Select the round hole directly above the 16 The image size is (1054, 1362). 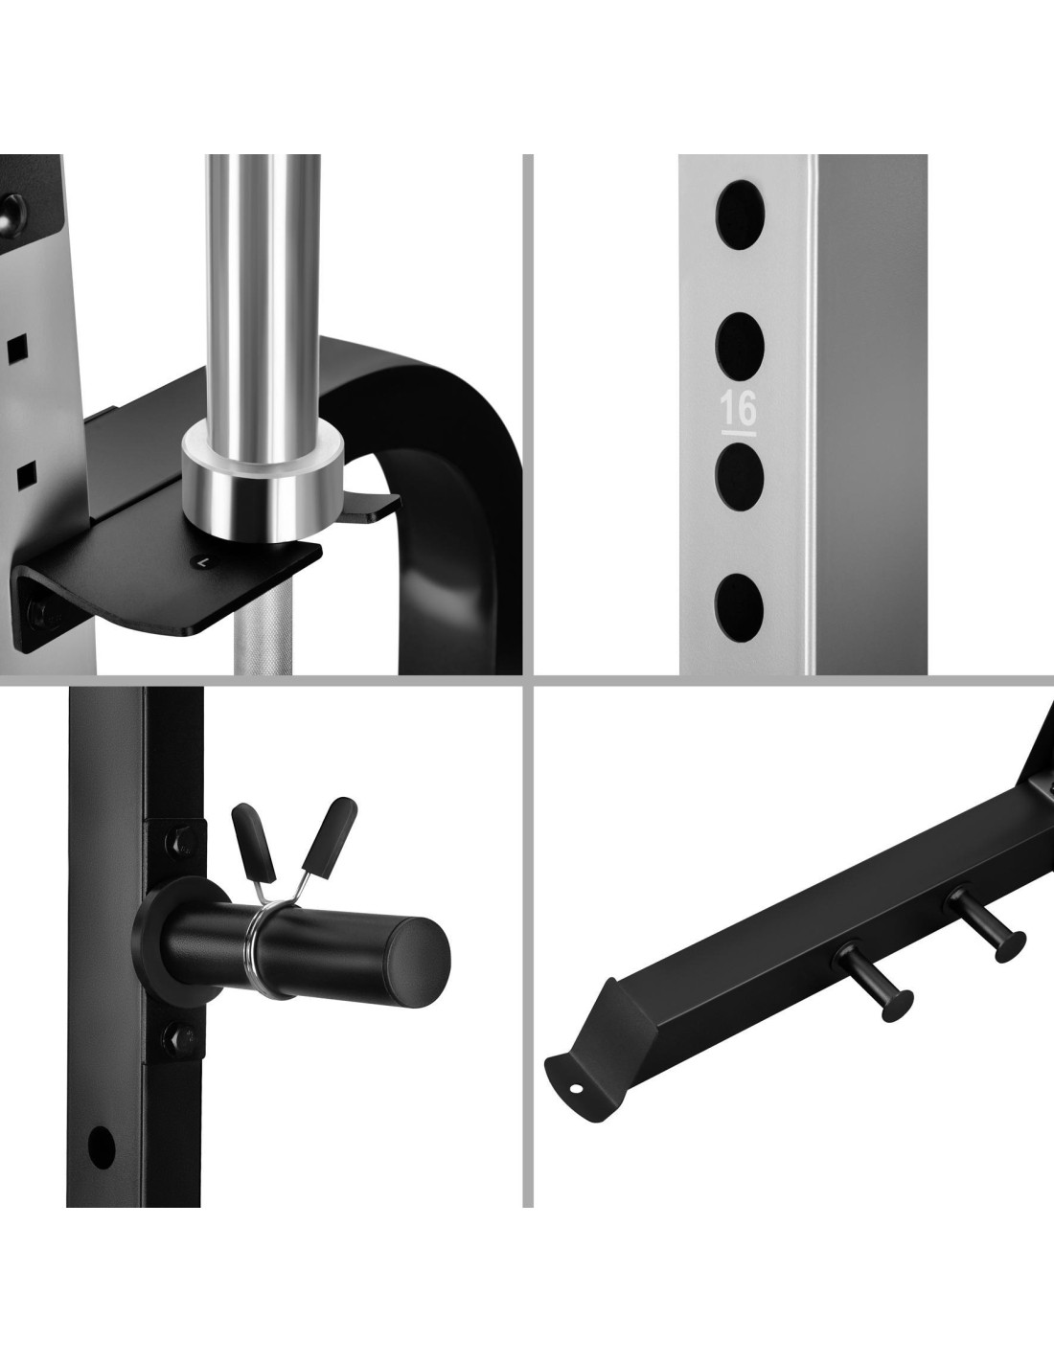click(x=741, y=344)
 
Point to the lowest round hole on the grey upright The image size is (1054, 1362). click(x=740, y=606)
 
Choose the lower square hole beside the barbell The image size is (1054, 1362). click(x=26, y=478)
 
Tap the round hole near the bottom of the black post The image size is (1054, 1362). click(x=102, y=1146)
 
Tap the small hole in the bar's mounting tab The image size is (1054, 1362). click(x=576, y=1087)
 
